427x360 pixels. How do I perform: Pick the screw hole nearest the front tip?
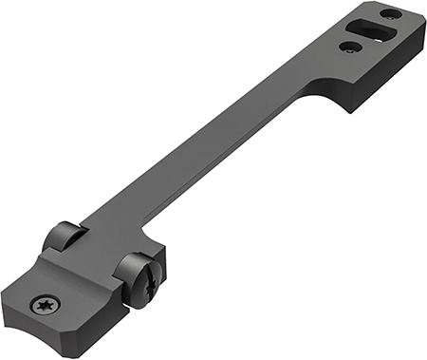pos(389,13)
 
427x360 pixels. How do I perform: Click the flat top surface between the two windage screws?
pos(95,261)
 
